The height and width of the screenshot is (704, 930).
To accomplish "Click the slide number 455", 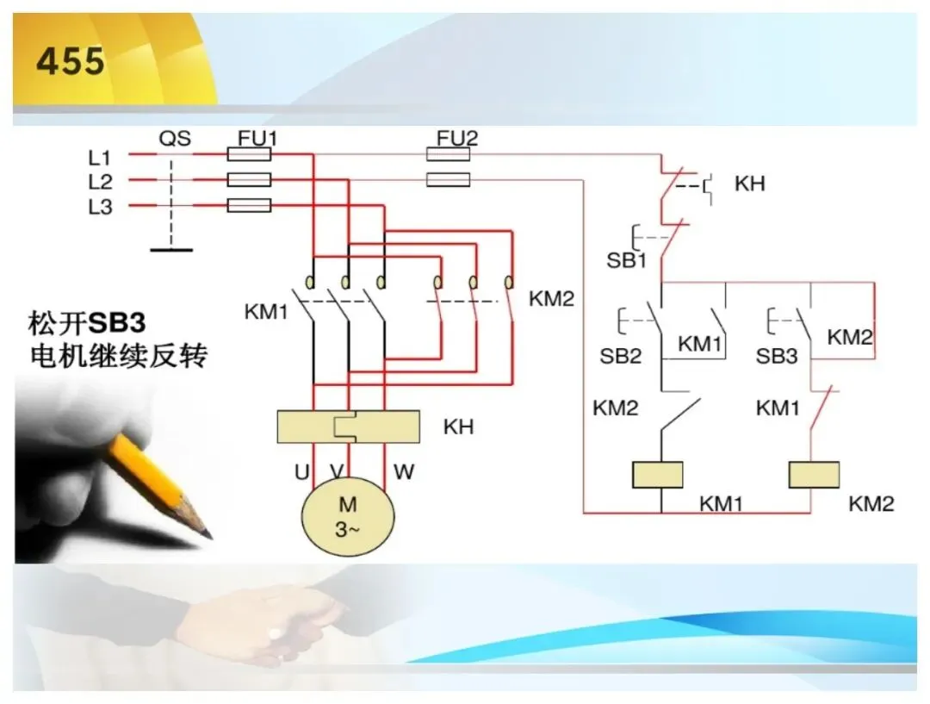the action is click(71, 61).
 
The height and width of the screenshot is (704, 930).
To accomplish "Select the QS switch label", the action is click(175, 139).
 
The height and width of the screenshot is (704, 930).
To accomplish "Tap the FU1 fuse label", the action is click(257, 139).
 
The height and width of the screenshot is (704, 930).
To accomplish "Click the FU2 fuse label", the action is click(456, 139).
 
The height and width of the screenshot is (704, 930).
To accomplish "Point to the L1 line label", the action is click(100, 158).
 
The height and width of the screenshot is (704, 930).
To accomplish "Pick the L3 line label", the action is click(100, 207).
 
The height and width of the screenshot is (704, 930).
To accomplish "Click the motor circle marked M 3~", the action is click(348, 516).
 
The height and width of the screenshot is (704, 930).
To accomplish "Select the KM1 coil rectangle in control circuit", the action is click(658, 475).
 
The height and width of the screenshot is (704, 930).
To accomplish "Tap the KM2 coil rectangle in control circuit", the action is click(814, 475).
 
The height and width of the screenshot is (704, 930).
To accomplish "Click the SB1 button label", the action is click(626, 260).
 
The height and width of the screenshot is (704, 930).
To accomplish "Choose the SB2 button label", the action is click(620, 356).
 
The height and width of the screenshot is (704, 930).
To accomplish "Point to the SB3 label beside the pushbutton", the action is click(777, 356).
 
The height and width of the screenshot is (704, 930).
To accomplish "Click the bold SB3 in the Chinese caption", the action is click(117, 323).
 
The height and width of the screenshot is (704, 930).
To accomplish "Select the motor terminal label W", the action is click(404, 472).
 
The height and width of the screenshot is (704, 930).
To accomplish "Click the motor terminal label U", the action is click(302, 472).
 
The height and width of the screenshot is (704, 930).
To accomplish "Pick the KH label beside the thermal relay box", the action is click(458, 427).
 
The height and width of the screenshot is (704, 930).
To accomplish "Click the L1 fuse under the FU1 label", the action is click(249, 155).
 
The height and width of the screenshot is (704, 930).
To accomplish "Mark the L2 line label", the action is click(100, 182).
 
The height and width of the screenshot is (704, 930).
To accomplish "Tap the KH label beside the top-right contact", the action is click(750, 184).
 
